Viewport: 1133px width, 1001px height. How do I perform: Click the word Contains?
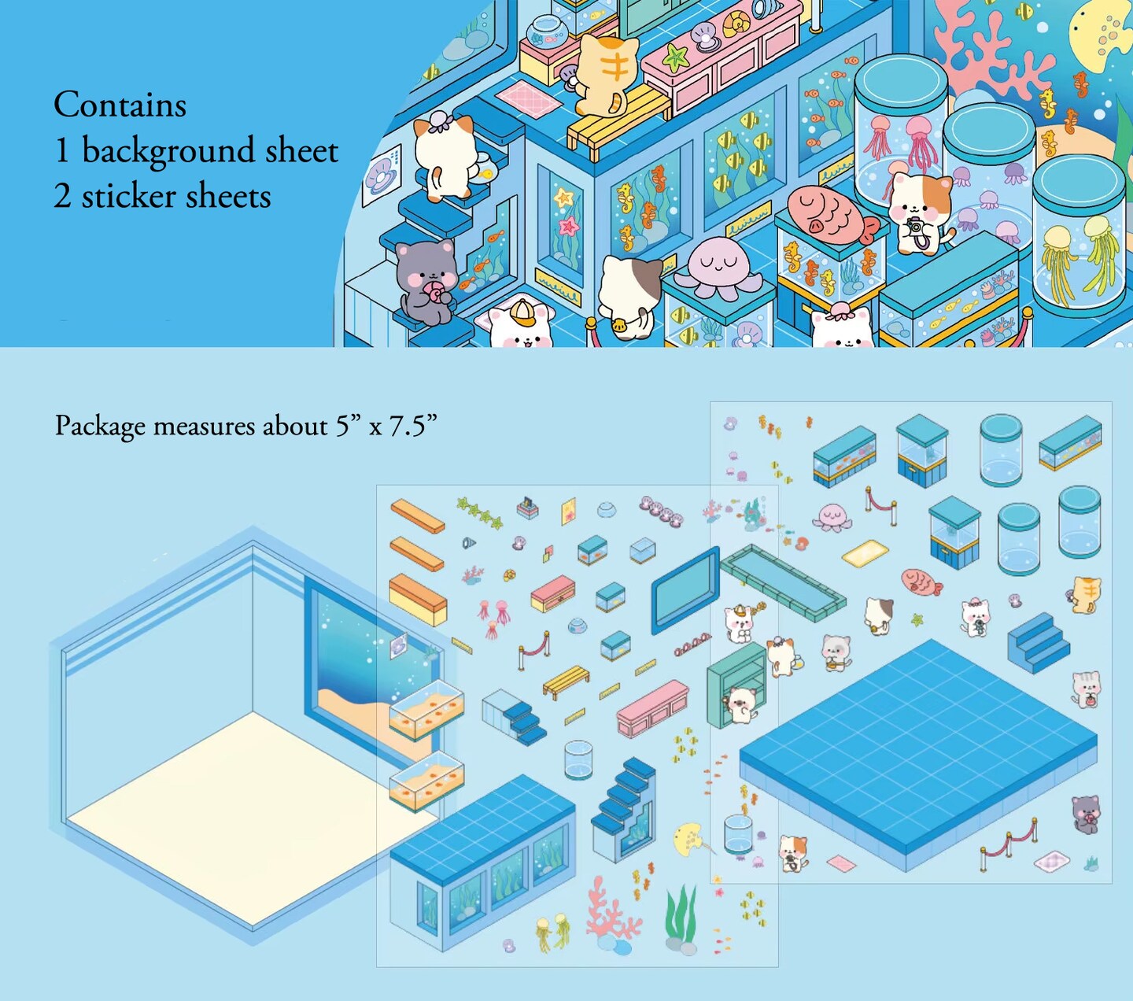120,105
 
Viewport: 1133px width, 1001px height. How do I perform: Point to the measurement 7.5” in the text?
412,426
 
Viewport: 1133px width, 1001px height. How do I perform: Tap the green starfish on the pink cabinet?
675,56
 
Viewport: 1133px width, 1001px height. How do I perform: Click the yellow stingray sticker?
690,839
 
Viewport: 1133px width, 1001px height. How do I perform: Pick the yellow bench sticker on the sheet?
566,680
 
